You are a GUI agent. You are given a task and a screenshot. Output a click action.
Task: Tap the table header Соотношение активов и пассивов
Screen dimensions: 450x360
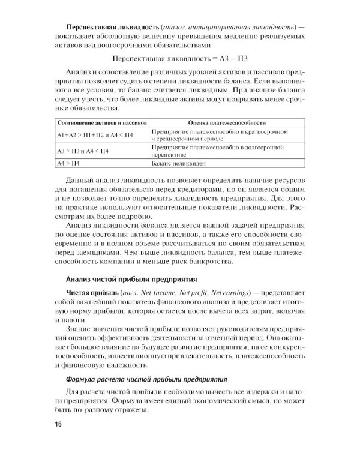coord(97,122)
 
